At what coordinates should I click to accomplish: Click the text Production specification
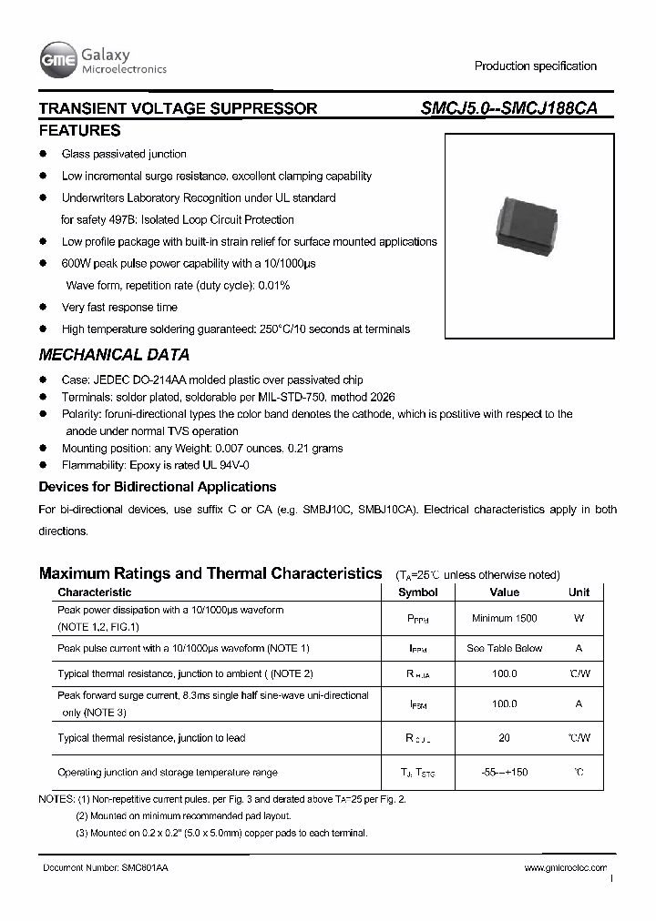point(535,66)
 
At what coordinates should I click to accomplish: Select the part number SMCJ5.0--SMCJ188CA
point(509,108)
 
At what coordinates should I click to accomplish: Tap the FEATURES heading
point(79,130)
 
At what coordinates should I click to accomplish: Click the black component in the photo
point(523,223)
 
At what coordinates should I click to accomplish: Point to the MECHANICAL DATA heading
point(114,355)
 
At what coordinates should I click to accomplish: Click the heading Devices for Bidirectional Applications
point(158,487)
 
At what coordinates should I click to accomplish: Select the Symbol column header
point(418,592)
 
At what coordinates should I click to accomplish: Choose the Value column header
point(504,592)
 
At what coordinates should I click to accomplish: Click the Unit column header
point(579,592)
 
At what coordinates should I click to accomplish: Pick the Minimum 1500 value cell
point(504,619)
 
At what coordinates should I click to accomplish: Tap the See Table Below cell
point(504,649)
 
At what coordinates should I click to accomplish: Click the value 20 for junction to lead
point(504,738)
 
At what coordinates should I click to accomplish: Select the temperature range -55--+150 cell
point(504,773)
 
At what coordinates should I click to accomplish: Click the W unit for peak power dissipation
point(579,619)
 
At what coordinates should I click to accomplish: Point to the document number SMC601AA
point(106,869)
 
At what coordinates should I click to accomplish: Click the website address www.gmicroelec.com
point(566,869)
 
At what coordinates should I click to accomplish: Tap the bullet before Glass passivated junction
point(43,155)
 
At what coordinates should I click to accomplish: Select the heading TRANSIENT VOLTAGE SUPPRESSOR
point(178,108)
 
